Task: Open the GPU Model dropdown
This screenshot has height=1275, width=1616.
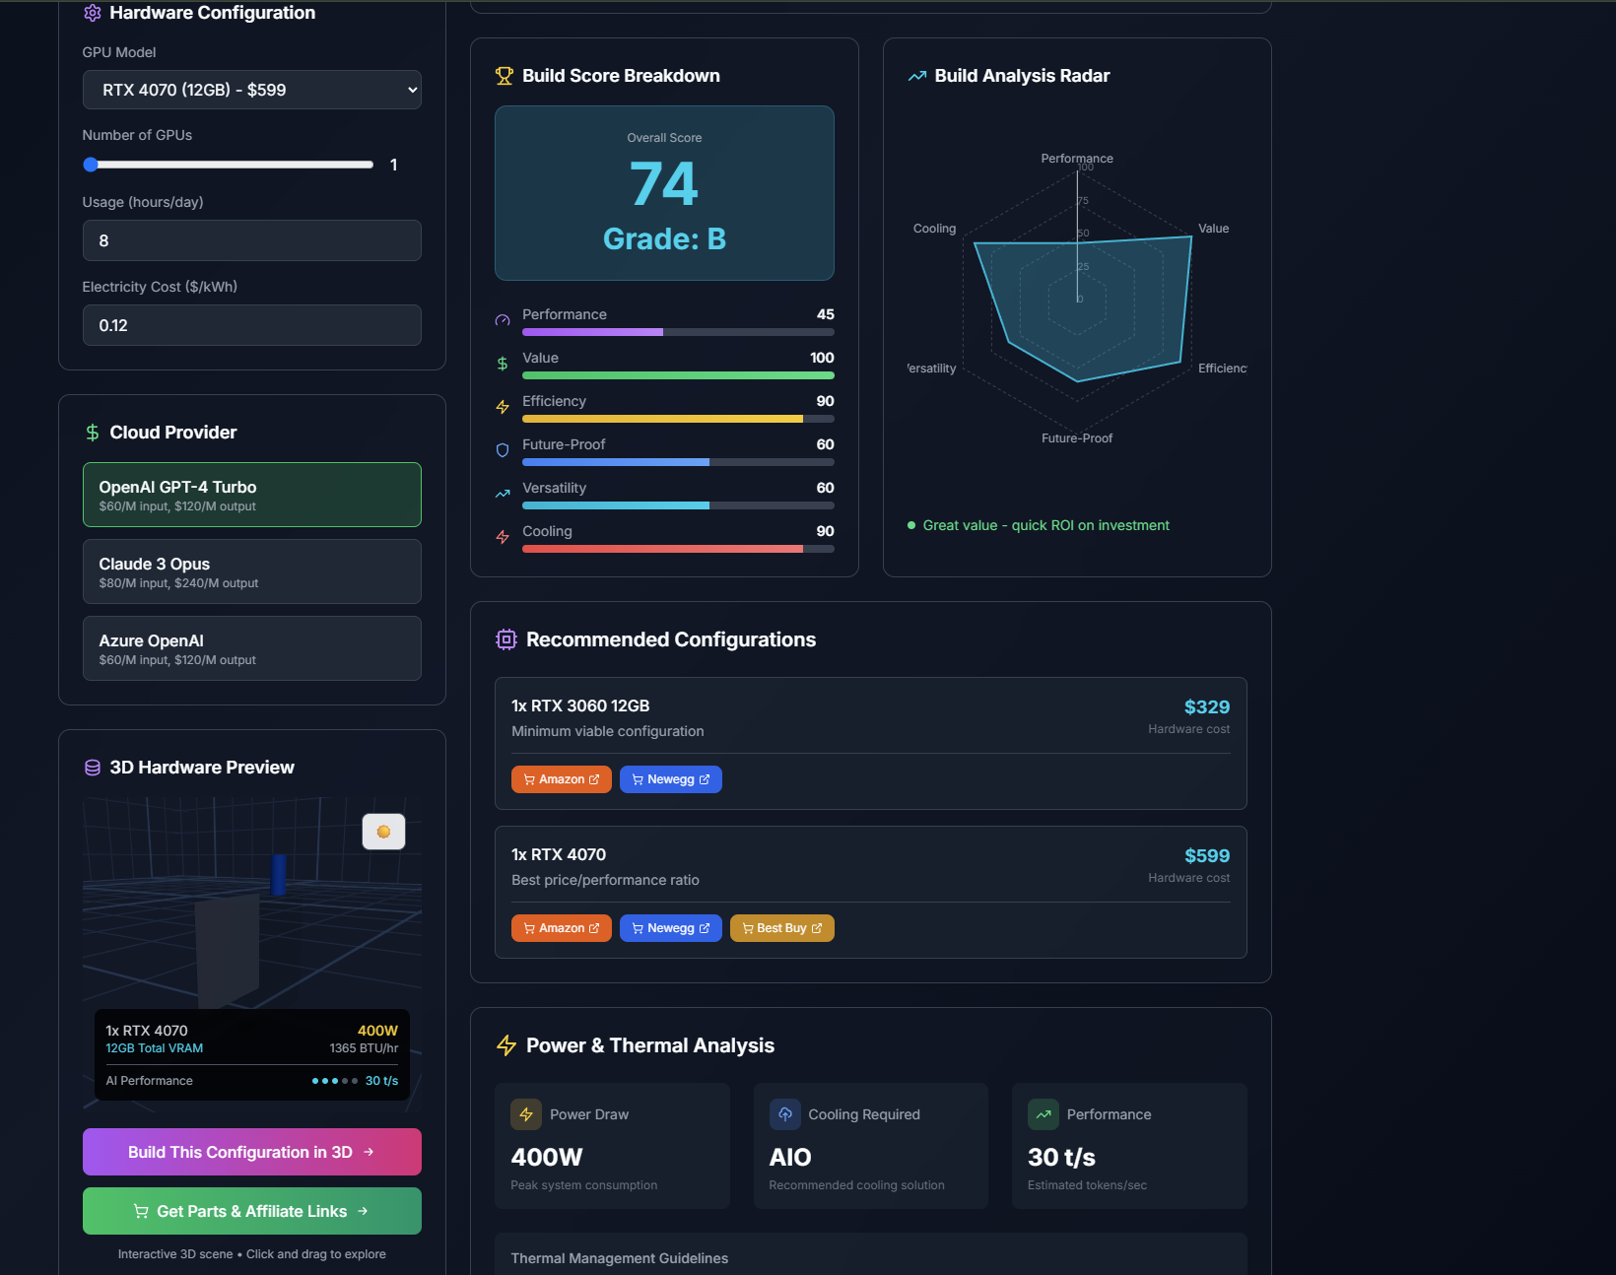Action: (x=251, y=90)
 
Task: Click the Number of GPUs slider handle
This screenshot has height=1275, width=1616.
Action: (x=91, y=165)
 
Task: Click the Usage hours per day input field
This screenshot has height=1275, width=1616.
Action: (x=251, y=240)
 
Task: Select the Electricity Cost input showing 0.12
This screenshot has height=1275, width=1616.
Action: (x=251, y=325)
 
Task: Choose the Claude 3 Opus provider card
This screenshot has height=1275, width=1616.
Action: (x=251, y=571)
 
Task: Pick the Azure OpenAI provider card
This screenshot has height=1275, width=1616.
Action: (x=251, y=648)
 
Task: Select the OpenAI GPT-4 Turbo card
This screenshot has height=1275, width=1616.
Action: (x=251, y=495)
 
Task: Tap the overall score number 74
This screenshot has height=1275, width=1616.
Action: (x=664, y=184)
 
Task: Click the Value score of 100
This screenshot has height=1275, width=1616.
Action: (x=822, y=358)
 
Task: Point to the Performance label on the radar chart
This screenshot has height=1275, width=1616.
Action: (x=1077, y=159)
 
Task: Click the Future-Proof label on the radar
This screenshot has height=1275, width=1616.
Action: (x=1077, y=438)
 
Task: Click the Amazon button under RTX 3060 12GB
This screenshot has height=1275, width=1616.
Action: (x=561, y=779)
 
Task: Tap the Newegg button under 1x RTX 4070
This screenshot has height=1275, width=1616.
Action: (x=670, y=928)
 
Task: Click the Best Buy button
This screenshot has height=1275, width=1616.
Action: (x=781, y=928)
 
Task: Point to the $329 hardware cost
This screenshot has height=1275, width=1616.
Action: (x=1206, y=707)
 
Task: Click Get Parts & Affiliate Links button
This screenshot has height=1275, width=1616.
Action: (x=251, y=1211)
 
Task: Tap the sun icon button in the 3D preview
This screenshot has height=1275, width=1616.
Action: (x=383, y=832)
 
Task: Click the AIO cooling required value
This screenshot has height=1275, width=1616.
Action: (x=790, y=1158)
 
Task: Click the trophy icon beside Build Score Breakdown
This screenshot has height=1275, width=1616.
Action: (x=505, y=76)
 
